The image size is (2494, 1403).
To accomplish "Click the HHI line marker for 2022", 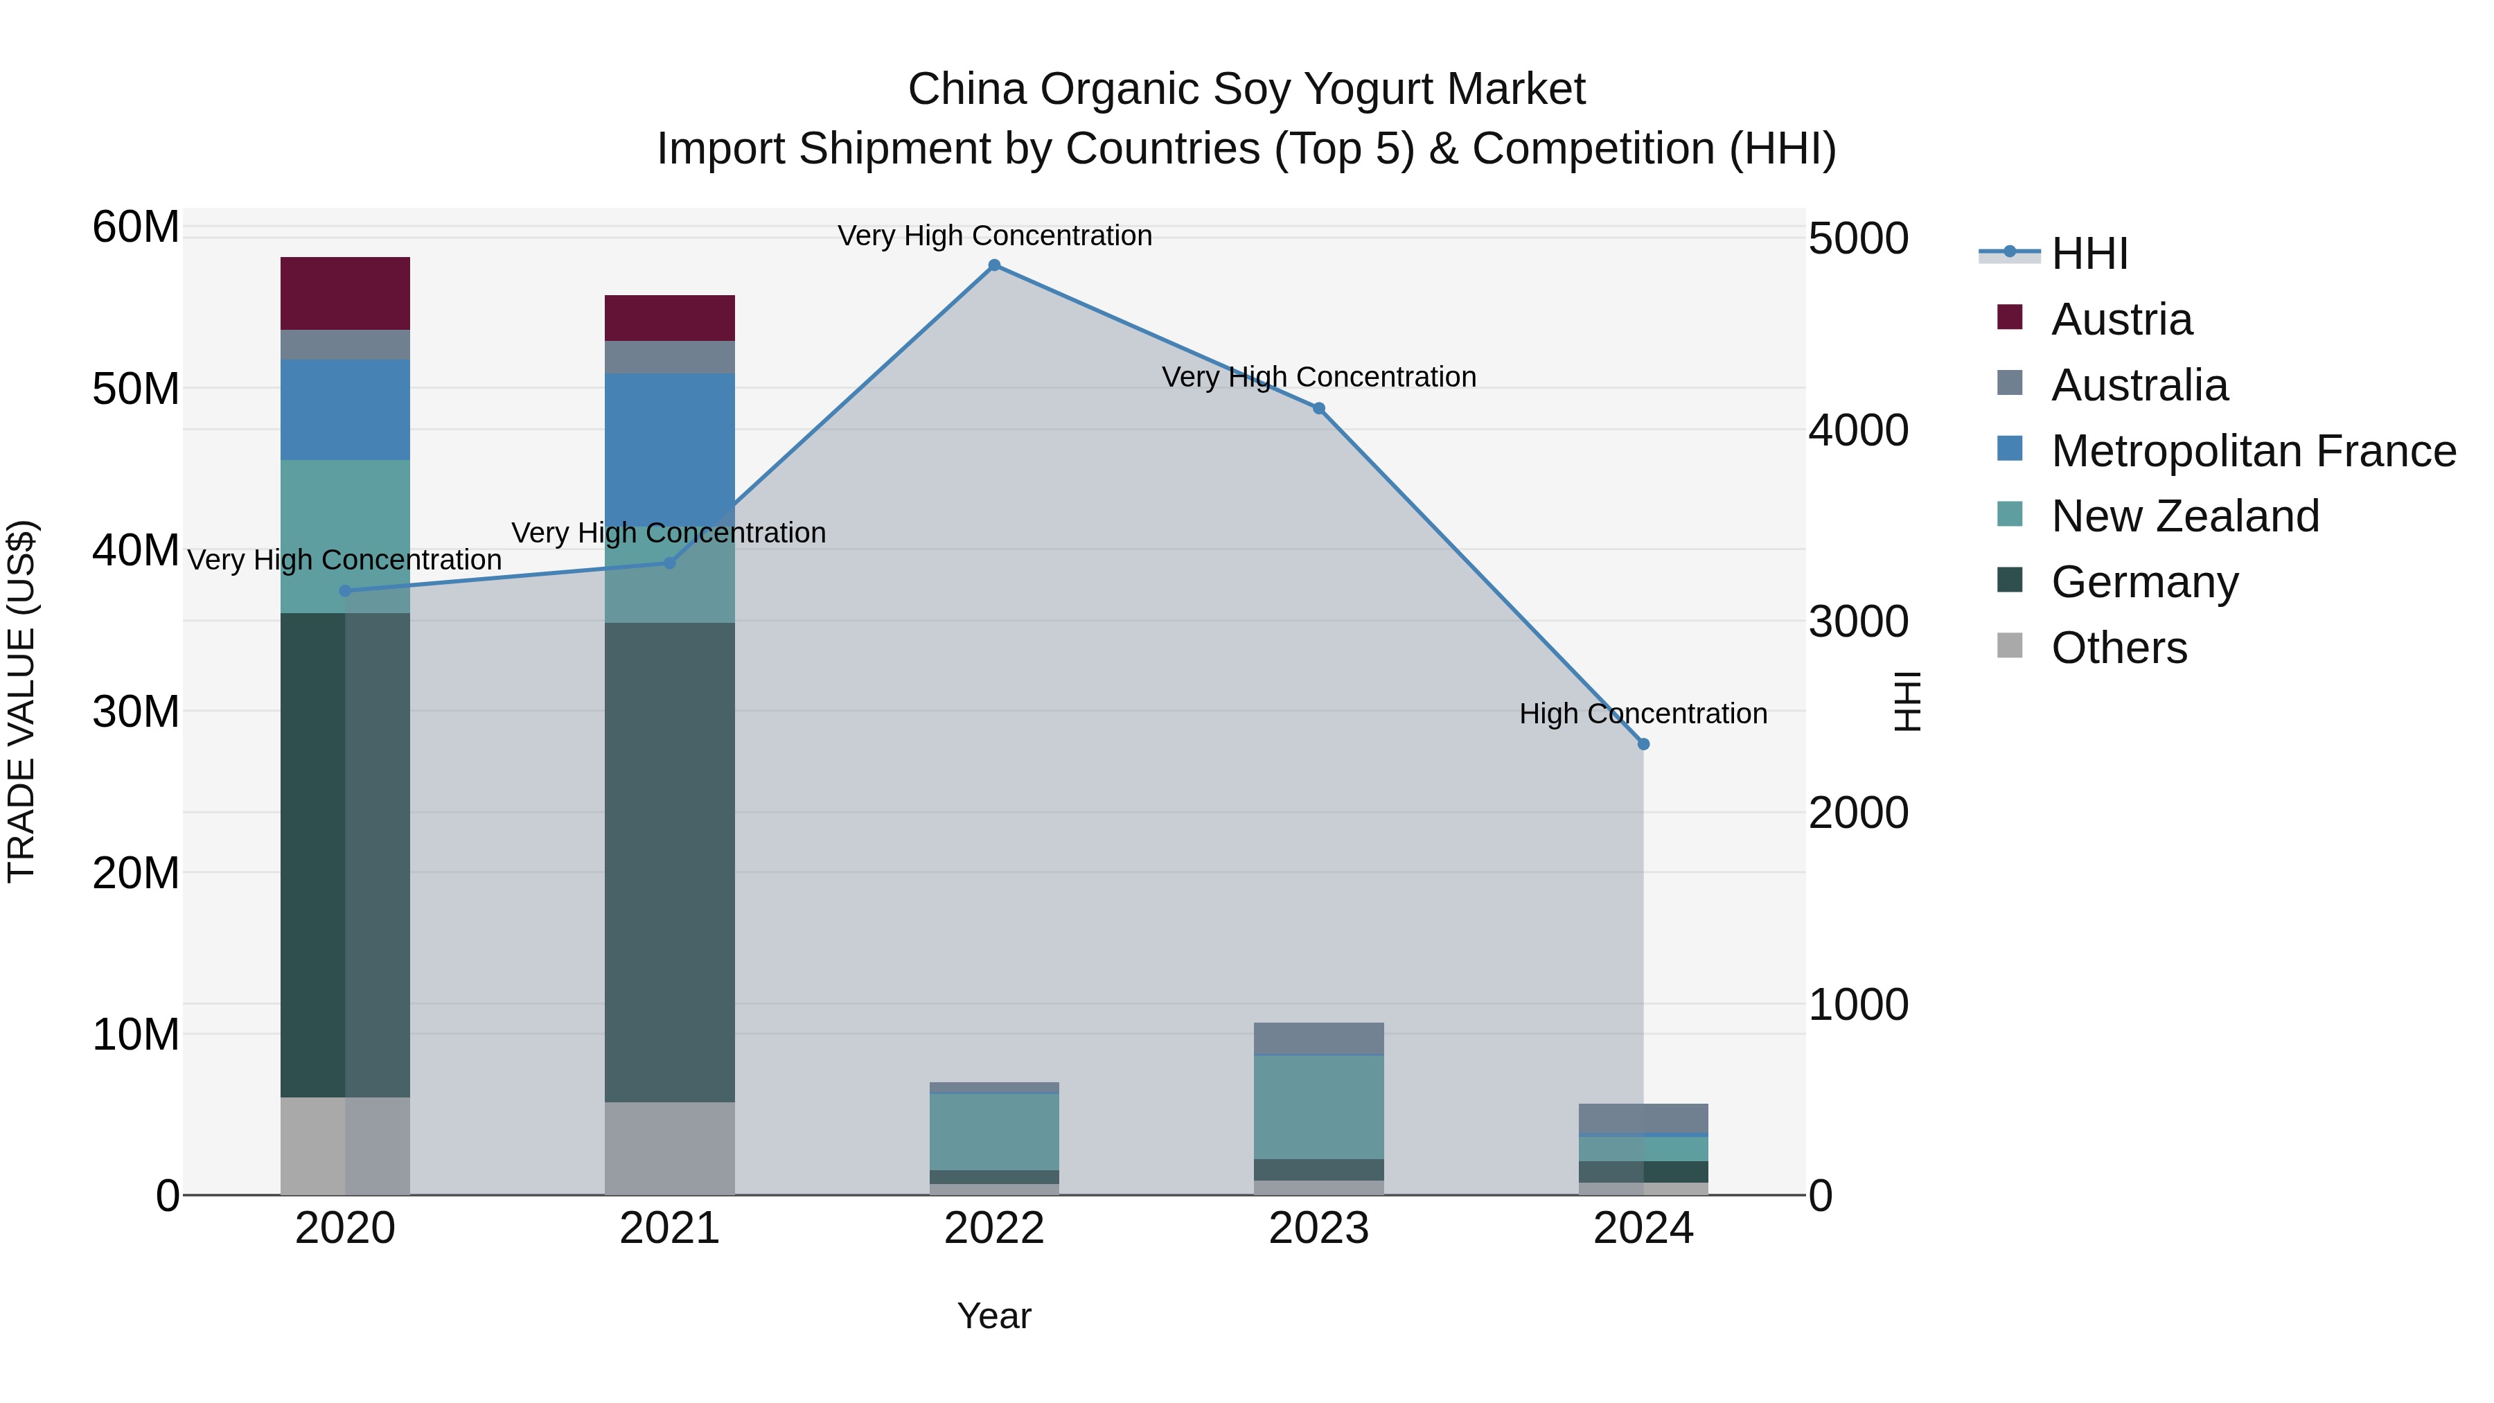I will (994, 265).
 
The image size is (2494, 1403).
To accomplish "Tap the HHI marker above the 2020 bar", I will (346, 590).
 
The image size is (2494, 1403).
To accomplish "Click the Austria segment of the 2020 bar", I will (346, 293).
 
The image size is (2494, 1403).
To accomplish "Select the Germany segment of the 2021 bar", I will (670, 862).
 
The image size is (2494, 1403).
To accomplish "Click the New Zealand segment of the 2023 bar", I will (1318, 1106).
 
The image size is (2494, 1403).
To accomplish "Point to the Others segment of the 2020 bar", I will (346, 1145).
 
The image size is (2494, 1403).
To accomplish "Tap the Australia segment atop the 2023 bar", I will (1318, 1038).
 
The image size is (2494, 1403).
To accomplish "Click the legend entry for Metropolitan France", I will (2253, 451).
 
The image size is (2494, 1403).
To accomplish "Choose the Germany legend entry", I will (2144, 582).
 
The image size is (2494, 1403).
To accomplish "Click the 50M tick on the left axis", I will (136, 389).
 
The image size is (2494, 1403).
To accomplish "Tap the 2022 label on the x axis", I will (994, 1228).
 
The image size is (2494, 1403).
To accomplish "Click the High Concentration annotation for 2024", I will (1643, 714).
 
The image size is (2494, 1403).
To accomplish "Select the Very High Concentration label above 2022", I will (994, 236).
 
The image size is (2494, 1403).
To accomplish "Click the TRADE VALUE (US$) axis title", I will (21, 701).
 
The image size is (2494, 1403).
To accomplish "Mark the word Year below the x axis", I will (994, 1316).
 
